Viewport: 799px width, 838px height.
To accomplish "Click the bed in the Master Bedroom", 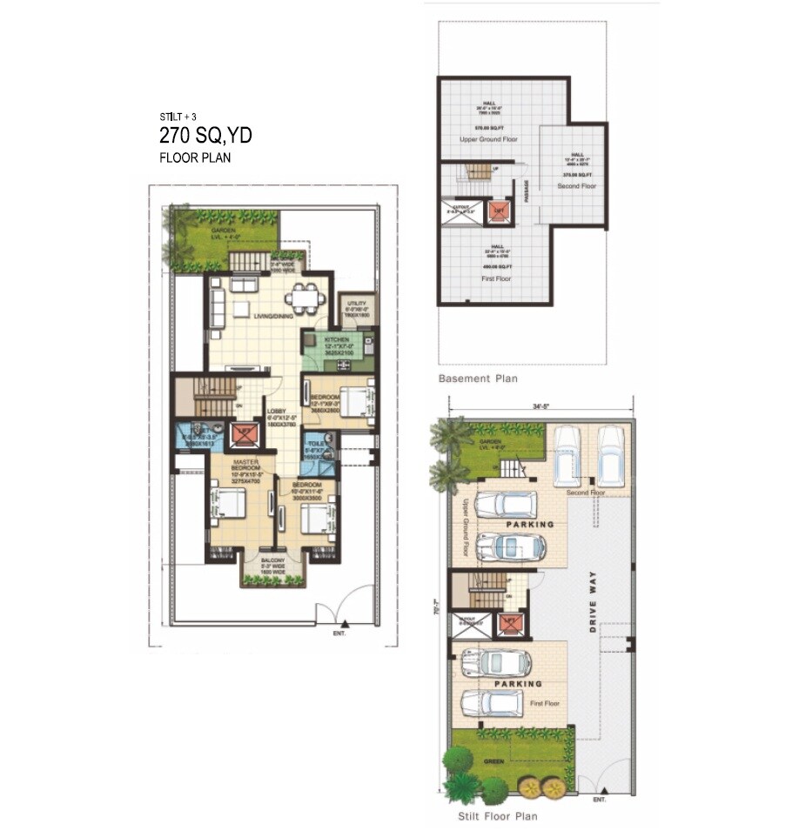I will click(x=229, y=504).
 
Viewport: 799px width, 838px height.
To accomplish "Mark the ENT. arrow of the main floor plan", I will click(x=346, y=623).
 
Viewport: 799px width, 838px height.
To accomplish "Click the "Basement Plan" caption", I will click(x=477, y=379).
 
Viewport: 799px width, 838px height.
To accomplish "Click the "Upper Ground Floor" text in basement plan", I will click(x=488, y=138).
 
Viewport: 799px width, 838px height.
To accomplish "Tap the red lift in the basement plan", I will click(x=498, y=211).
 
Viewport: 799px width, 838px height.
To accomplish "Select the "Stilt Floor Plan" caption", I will click(x=498, y=816).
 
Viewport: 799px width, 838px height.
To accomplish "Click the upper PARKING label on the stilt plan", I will click(x=530, y=525).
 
